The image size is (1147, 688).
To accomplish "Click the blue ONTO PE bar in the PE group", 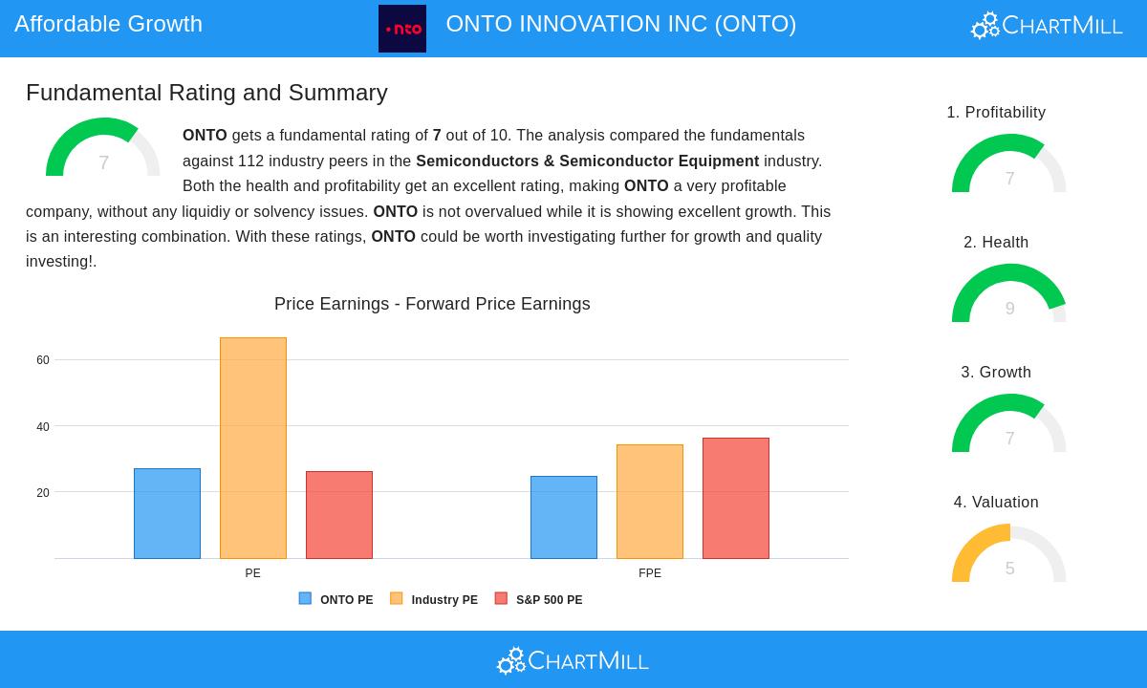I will pos(167,513).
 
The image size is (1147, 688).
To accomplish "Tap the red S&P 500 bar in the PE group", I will pos(339,515).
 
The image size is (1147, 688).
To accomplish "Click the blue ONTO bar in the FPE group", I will pos(564,517).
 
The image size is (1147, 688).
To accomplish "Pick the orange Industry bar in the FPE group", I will pos(650,502).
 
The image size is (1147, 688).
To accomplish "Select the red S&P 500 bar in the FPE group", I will pos(736,498).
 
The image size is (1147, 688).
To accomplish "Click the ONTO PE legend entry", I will pos(336,600).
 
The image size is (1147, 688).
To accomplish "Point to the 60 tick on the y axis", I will pos(43,360).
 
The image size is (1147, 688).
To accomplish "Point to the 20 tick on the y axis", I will pos(43,493).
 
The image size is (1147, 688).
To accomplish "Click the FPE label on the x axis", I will pos(650,573).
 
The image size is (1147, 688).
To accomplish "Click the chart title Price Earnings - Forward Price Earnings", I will pos(432,304).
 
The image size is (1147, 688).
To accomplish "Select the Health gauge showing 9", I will pos(1009,294).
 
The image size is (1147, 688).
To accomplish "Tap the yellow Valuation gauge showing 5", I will pos(1009,554).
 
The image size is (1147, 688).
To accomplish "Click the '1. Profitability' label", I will pos(996,113).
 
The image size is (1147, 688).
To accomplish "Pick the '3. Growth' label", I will pos(996,373).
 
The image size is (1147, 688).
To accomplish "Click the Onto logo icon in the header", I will pos(402,29).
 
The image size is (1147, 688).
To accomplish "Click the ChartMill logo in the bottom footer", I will pos(573,660).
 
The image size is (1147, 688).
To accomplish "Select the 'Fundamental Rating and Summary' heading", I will pos(206,93).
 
